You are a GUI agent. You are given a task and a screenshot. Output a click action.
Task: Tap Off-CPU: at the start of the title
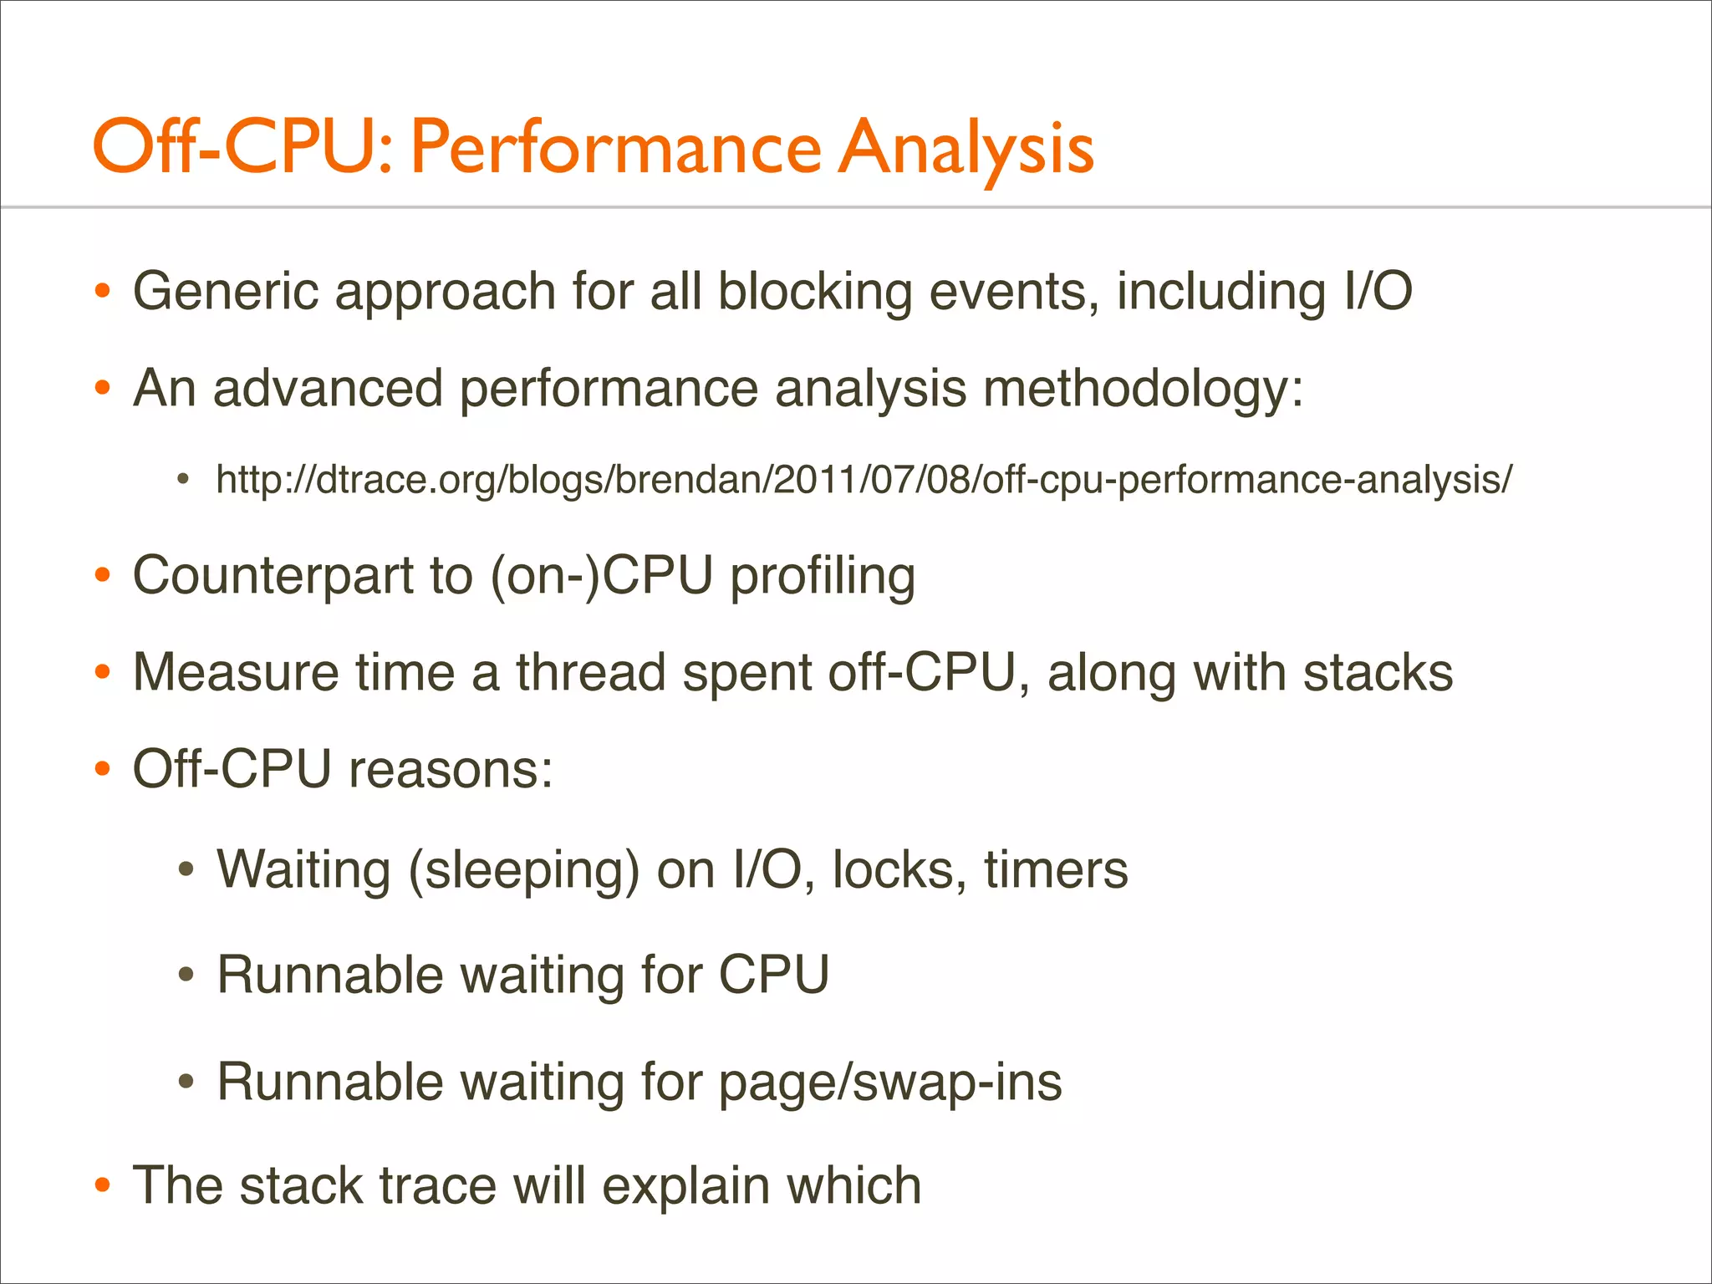tap(242, 149)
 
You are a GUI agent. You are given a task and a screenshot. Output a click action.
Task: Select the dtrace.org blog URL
tap(864, 480)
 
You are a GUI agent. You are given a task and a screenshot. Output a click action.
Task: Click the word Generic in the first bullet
tap(227, 292)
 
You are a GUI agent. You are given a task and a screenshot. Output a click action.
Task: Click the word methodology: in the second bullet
tap(1143, 390)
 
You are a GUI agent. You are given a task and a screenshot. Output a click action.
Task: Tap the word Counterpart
tap(273, 576)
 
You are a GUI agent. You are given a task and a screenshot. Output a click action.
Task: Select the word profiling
tap(823, 578)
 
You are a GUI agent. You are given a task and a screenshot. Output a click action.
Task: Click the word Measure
tap(236, 673)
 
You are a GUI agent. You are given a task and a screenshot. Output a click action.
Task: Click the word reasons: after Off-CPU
tap(451, 770)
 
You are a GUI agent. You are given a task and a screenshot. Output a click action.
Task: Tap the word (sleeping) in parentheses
tap(523, 871)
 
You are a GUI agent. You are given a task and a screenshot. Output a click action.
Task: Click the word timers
tap(1056, 870)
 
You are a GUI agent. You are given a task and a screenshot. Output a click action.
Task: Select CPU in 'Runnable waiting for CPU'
tap(773, 975)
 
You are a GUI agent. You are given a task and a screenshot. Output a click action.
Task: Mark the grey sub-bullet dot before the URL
tap(185, 481)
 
